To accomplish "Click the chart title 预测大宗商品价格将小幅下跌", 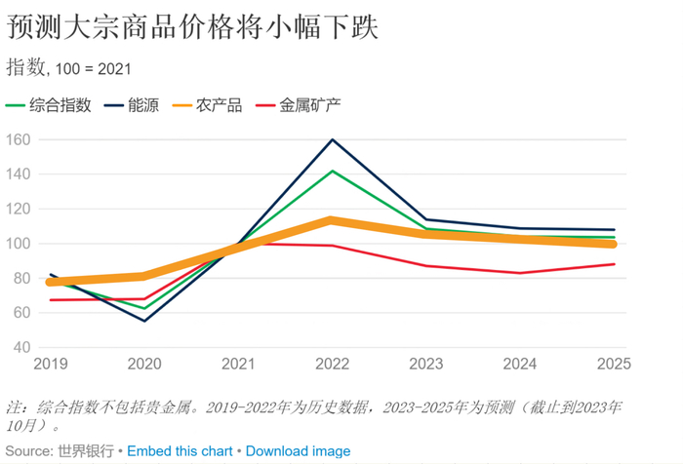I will [192, 27].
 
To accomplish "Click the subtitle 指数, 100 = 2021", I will [69, 67].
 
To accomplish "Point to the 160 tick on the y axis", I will [19, 140].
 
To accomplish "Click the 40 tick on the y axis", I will [22, 347].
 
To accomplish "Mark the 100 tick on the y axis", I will [19, 244].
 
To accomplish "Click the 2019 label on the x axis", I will [51, 364].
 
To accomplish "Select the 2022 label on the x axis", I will [332, 364].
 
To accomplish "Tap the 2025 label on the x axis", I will [613, 364].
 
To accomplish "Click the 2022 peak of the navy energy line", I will [332, 139].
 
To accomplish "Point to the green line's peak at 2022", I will [332, 172].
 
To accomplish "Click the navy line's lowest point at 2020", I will [144, 321].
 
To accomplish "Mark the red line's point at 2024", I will [520, 273].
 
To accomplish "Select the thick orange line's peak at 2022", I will [332, 220].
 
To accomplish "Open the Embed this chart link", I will [180, 450].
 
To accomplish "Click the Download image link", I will [298, 450].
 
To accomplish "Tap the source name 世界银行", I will [86, 450].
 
